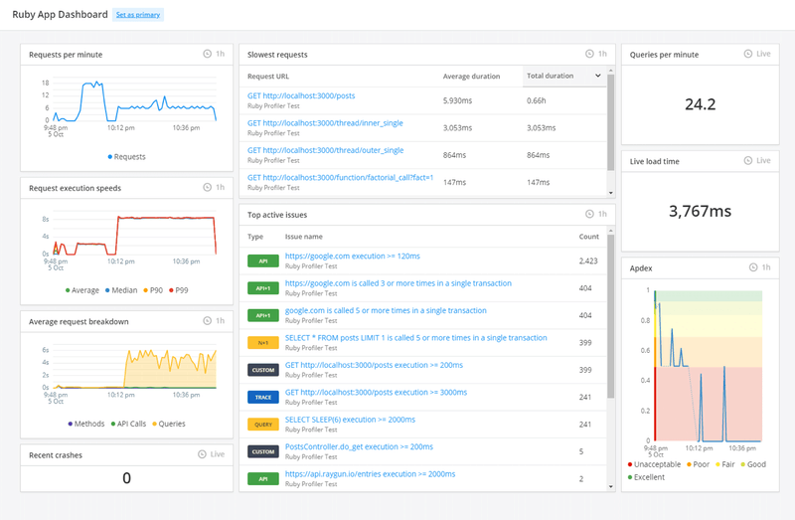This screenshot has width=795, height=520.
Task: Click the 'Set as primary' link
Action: click(x=137, y=15)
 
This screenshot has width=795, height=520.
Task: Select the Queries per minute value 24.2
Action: click(x=700, y=104)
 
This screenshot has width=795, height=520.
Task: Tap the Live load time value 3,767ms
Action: click(x=700, y=211)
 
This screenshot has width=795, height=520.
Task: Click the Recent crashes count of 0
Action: click(x=126, y=478)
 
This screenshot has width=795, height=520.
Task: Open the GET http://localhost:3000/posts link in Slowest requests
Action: click(x=301, y=96)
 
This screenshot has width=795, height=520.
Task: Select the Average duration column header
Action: click(x=472, y=76)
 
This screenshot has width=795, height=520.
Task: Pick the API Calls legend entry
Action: click(x=128, y=424)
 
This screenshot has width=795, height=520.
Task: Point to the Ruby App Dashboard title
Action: click(x=60, y=15)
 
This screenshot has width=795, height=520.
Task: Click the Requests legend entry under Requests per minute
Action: click(x=126, y=157)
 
